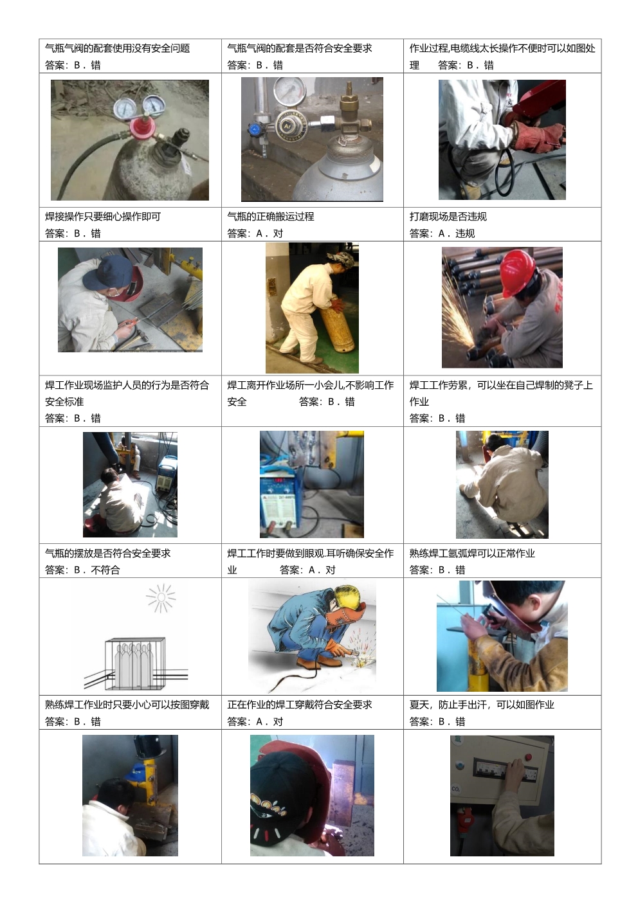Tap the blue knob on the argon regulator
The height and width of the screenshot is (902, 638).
click(x=254, y=129)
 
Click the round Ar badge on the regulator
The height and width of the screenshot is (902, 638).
click(x=287, y=126)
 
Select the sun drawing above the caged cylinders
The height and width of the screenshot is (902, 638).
click(x=161, y=597)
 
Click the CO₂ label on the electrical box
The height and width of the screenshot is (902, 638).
click(x=455, y=789)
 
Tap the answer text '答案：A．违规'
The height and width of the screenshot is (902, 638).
click(x=442, y=233)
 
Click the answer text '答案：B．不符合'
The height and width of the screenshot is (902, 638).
click(x=82, y=570)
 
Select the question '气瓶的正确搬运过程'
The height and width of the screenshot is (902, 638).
click(x=270, y=217)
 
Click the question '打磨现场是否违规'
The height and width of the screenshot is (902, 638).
click(x=448, y=217)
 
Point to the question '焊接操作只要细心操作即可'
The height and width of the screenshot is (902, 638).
click(x=103, y=217)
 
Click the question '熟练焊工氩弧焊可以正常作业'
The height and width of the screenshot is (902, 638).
click(x=472, y=554)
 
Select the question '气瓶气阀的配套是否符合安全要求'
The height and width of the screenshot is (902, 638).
click(x=299, y=48)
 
